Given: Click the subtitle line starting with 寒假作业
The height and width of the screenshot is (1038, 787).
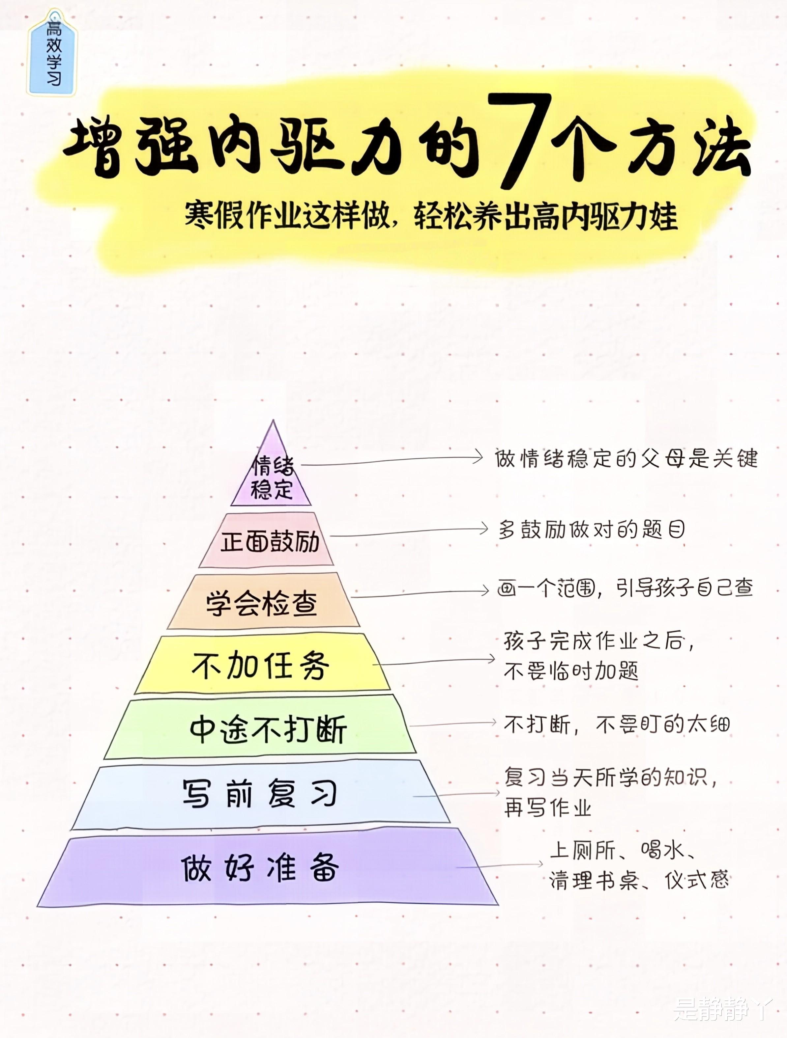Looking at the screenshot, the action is coord(431,217).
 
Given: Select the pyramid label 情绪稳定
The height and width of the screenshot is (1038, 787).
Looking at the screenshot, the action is coord(272,478).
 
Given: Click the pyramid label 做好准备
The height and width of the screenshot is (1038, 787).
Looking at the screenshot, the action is coord(260,867).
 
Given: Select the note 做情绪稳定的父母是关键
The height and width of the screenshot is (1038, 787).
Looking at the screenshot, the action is coord(626,458).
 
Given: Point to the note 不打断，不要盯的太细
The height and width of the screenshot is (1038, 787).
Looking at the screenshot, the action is coord(617,724).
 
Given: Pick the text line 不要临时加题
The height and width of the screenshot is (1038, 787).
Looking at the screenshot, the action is coord(570,671).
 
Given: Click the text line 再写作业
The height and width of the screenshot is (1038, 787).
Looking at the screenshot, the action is coord(547,808).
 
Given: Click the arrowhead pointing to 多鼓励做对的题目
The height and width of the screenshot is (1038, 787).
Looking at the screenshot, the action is coord(484,529).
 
